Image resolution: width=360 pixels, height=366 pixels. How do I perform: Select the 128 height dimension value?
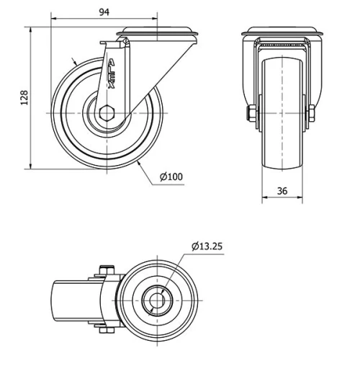click(23, 97)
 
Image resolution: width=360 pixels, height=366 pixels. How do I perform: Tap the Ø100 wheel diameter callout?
click(171, 177)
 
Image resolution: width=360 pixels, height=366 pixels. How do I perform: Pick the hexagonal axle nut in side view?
click(108, 114)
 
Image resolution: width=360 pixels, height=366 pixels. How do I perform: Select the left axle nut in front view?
click(252, 114)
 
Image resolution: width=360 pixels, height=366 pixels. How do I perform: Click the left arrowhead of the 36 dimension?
click(263, 199)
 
